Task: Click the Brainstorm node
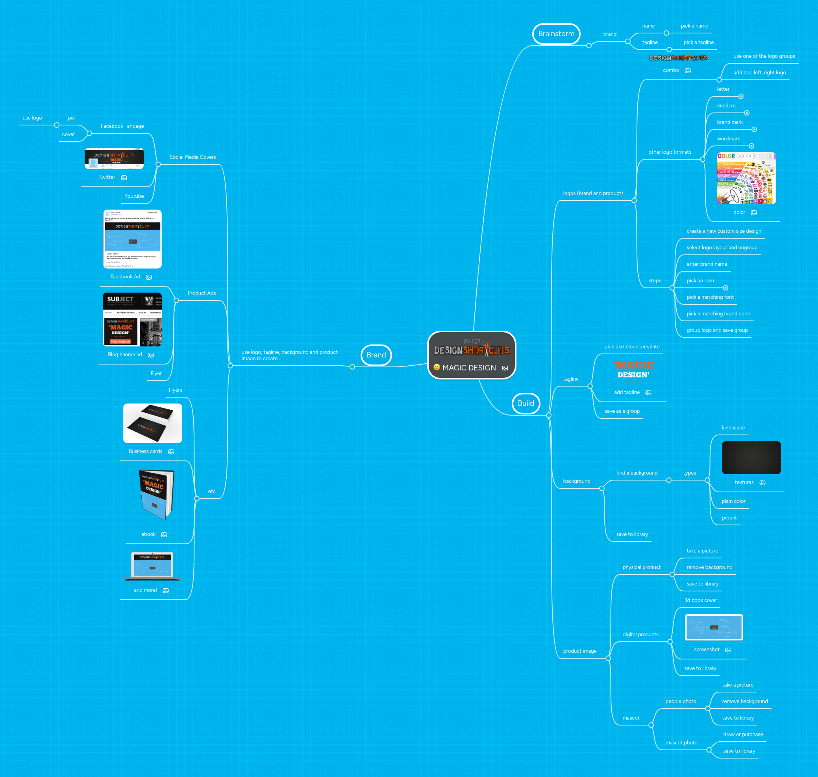point(556,34)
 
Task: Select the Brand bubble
point(376,355)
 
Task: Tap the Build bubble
point(526,403)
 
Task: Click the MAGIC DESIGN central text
point(469,368)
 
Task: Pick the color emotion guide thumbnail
point(746,179)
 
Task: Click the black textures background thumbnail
point(751,458)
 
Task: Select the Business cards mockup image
point(153,423)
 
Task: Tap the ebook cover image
point(156,495)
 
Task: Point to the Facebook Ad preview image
point(132,239)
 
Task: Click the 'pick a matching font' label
point(710,297)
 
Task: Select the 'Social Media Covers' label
point(192,157)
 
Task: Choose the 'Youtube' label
point(134,196)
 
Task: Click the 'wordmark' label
point(728,139)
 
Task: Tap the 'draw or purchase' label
point(742,735)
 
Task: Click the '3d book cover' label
point(700,600)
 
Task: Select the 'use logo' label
point(32,118)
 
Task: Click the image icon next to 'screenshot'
point(728,650)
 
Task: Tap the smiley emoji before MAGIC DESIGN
point(436,367)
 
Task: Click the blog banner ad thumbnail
point(132,319)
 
